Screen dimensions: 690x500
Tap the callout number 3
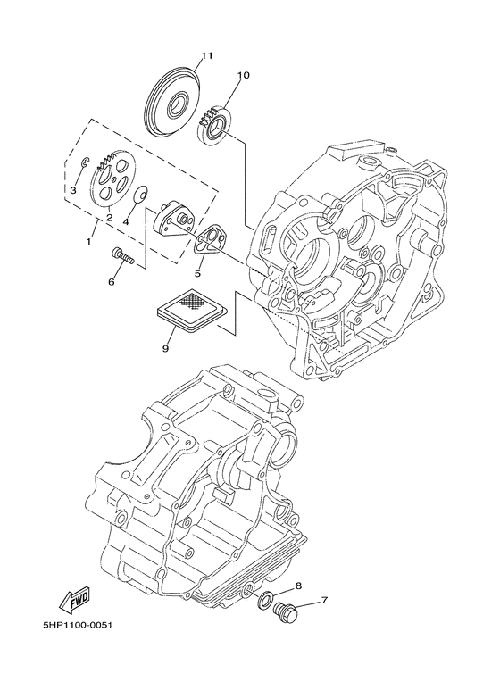[x=73, y=190]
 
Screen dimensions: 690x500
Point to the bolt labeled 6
[x=122, y=256]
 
